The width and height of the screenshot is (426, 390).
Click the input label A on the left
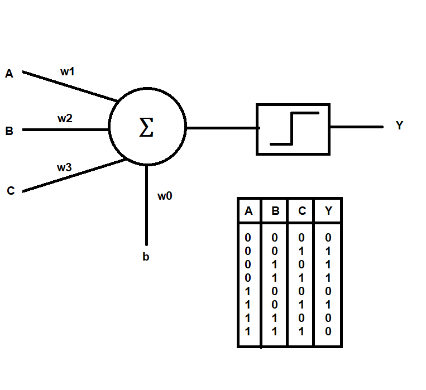(x=9, y=74)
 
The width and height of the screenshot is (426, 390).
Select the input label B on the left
(x=9, y=132)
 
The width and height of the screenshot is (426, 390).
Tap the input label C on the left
(x=10, y=191)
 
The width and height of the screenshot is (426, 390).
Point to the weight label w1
(x=68, y=71)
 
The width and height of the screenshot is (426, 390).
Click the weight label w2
(x=65, y=118)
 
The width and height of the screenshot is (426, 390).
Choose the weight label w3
(x=64, y=167)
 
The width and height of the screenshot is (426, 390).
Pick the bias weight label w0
(x=164, y=196)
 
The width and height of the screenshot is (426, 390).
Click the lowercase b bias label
(x=146, y=257)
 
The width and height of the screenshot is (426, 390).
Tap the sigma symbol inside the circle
(x=146, y=128)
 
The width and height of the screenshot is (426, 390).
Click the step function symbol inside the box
(x=294, y=128)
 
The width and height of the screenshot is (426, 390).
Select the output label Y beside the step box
(x=399, y=126)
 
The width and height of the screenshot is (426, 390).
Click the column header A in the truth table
(x=248, y=211)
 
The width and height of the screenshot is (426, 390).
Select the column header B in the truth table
(x=275, y=211)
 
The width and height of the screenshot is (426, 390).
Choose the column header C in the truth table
(x=301, y=211)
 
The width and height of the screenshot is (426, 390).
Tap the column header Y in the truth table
(x=328, y=211)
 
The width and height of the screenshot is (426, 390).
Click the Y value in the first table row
(x=328, y=238)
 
